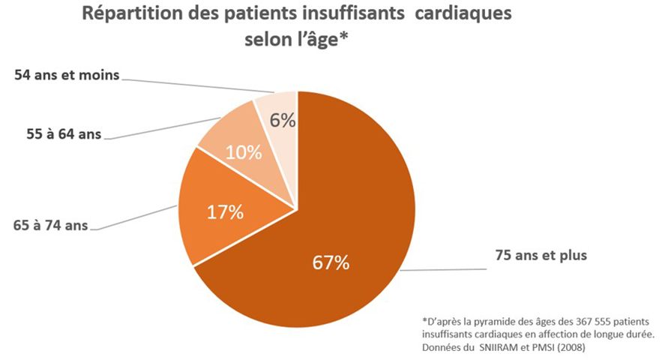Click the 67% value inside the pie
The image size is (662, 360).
pyautogui.click(x=331, y=263)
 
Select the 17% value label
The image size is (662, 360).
pyautogui.click(x=225, y=212)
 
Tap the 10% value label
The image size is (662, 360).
pyautogui.click(x=244, y=153)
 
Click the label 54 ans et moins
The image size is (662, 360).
pyautogui.click(x=67, y=76)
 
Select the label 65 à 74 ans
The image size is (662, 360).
pyautogui.click(x=50, y=223)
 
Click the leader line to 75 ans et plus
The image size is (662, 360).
pyautogui.click(x=442, y=269)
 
